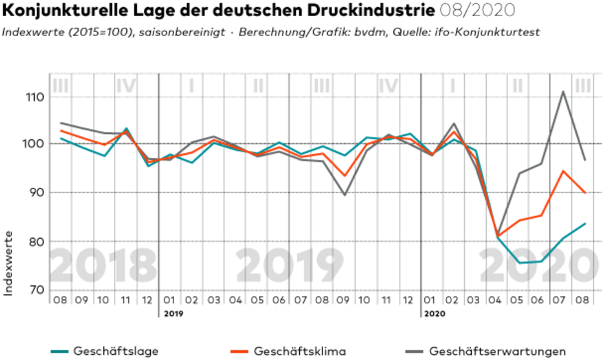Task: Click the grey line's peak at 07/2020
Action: (x=563, y=92)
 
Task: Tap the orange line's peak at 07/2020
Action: (x=563, y=171)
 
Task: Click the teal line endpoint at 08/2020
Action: (x=585, y=224)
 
